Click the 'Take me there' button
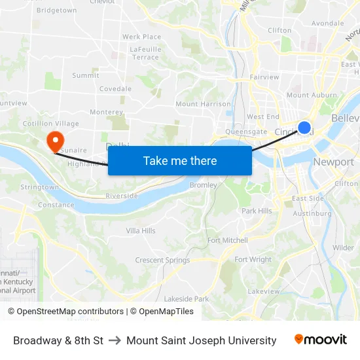[x=180, y=160]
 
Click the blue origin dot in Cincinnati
[x=304, y=128]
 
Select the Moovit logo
[x=321, y=340]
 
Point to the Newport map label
[x=334, y=162]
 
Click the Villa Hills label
[x=141, y=230]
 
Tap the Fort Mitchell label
[x=228, y=240]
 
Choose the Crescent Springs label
[x=162, y=260]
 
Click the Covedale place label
[x=115, y=89]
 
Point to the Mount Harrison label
[x=203, y=104]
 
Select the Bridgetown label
[x=56, y=10]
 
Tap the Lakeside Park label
[x=187, y=298]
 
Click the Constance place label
[x=56, y=205]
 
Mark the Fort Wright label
[x=253, y=259]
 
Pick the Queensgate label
[x=246, y=131]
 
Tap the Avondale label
[x=327, y=23]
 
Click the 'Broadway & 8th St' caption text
[x=58, y=340]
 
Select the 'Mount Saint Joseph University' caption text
[x=201, y=340]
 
